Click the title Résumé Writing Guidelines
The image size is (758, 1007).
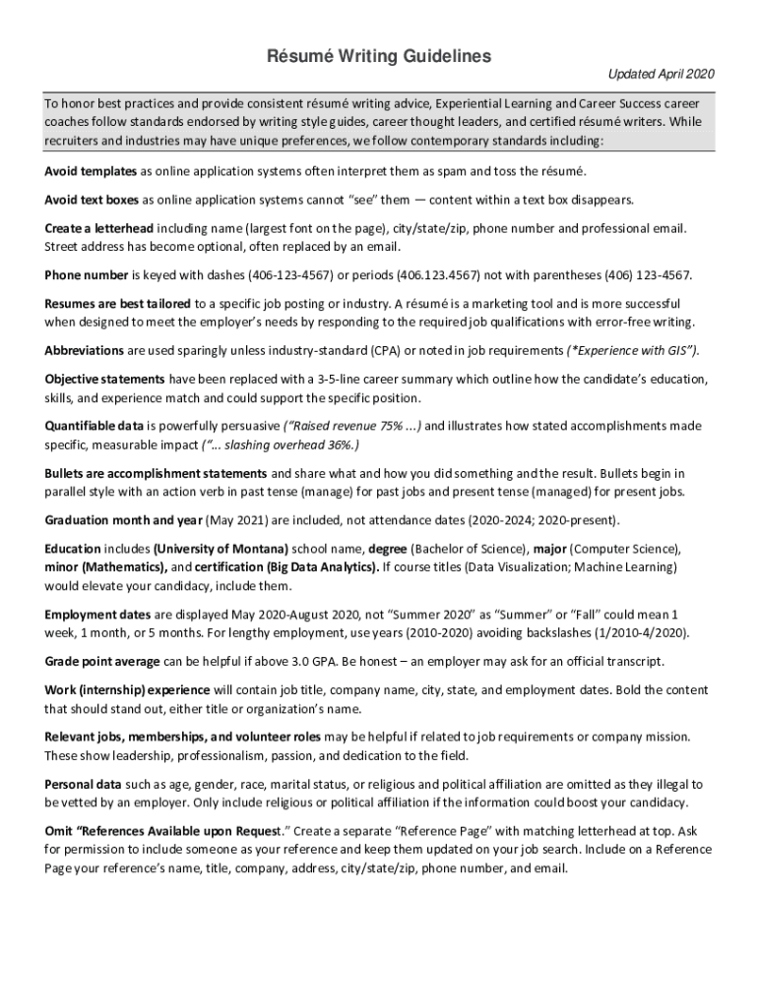tap(379, 57)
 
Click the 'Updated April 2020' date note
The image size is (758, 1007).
tap(661, 75)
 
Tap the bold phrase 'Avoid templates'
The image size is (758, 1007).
tap(91, 171)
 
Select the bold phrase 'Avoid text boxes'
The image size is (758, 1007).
tap(92, 200)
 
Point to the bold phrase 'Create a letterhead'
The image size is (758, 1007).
tap(98, 228)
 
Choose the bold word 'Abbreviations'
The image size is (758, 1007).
tap(85, 350)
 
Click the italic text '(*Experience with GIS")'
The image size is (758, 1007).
tap(633, 350)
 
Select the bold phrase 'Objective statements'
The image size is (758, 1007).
tap(104, 380)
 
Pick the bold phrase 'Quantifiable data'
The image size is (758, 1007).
tap(95, 426)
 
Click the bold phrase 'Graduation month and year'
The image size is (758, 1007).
tap(122, 520)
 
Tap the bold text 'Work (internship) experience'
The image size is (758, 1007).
tap(125, 689)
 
